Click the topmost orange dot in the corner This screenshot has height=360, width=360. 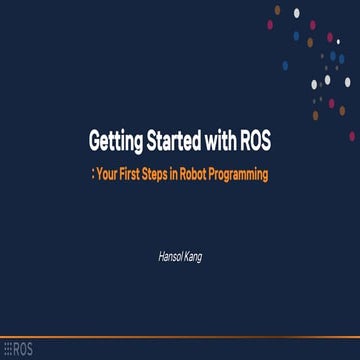click(x=277, y=10)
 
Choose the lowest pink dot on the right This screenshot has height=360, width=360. click(x=352, y=135)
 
